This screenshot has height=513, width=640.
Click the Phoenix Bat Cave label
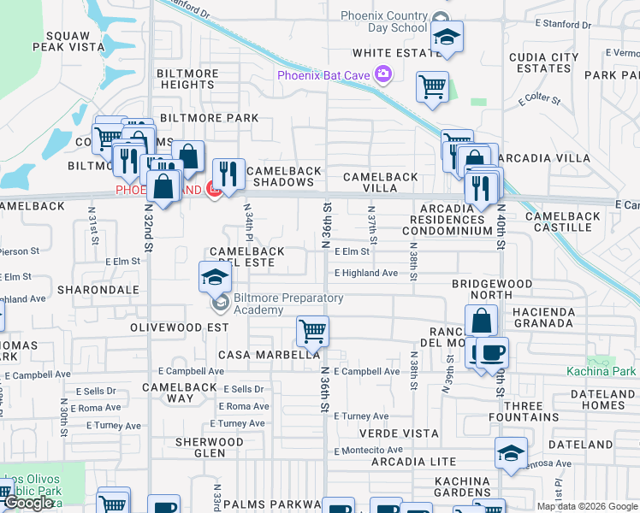(x=323, y=75)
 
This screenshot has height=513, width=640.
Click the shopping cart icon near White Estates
(x=432, y=85)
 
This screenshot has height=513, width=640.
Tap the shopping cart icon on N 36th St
(x=313, y=331)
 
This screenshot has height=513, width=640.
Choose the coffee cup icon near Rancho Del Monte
(x=492, y=351)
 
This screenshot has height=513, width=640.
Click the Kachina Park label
(x=601, y=371)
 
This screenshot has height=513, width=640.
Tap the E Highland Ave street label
(x=366, y=273)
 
